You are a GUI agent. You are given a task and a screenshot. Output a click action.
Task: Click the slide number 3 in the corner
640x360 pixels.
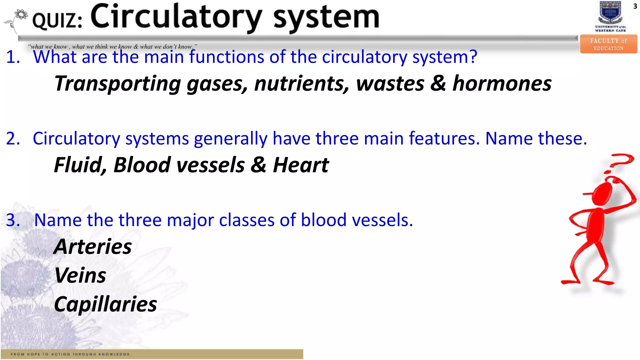635,6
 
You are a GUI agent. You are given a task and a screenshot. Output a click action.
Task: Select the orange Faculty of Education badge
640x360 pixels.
608,44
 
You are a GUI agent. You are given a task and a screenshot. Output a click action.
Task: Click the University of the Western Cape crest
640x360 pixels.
611,13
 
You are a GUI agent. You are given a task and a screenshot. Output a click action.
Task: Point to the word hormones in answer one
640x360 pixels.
502,84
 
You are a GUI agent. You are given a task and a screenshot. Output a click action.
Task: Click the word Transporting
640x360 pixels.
117,84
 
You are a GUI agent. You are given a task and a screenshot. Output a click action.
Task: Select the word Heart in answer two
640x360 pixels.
301,165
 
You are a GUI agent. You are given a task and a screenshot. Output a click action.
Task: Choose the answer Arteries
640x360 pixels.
93,247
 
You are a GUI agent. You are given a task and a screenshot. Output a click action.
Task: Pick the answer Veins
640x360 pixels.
80,275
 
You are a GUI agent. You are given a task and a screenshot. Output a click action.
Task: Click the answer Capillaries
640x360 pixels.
106,304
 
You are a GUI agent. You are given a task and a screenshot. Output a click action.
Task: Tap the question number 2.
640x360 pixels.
12,138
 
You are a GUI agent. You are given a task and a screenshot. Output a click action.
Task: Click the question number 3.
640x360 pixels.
12,220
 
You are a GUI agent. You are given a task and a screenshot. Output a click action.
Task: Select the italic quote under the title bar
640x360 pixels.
112,47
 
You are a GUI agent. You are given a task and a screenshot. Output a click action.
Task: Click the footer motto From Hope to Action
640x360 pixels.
70,354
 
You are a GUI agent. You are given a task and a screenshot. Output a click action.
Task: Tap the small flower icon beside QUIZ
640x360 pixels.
21,15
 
